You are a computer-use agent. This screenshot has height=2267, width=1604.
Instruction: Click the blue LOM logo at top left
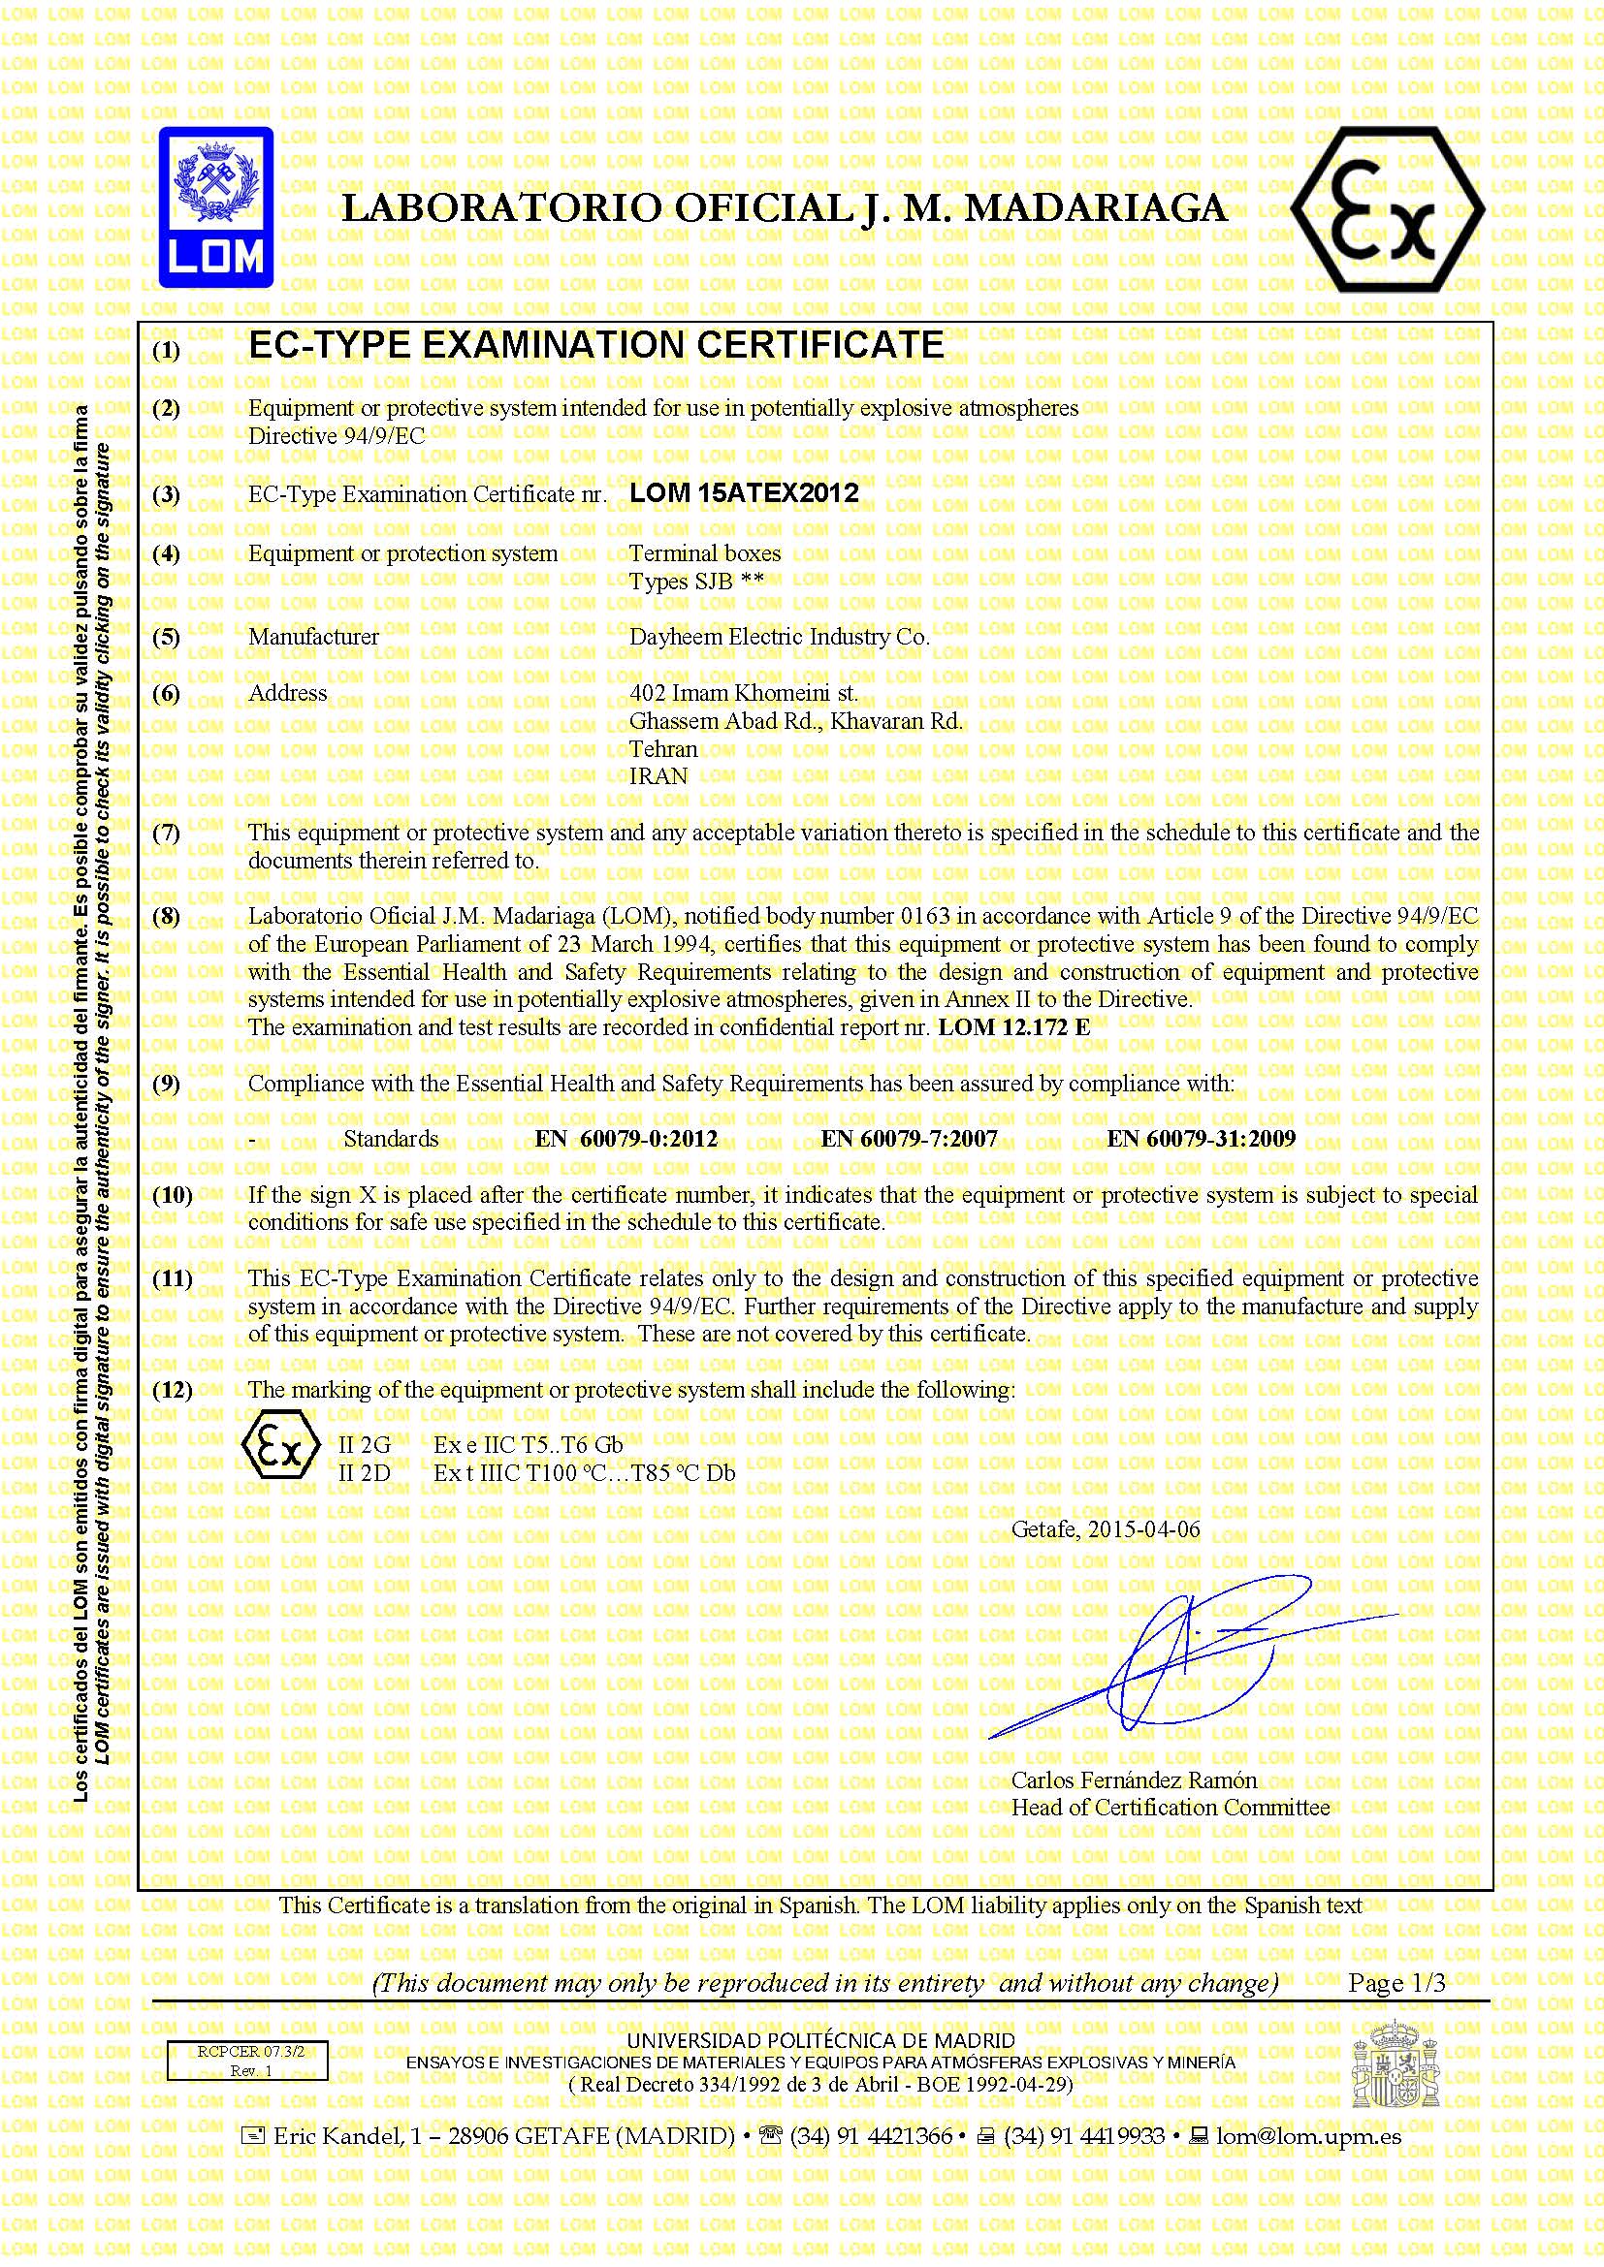pyautogui.click(x=216, y=206)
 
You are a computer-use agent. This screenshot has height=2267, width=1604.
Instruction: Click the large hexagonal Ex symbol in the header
pyautogui.click(x=1387, y=209)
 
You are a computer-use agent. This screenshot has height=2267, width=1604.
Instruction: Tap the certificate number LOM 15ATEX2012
pyautogui.click(x=744, y=492)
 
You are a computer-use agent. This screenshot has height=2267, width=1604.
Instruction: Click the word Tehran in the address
pyautogui.click(x=662, y=748)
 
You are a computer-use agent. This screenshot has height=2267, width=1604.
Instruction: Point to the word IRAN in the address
pyautogui.click(x=658, y=776)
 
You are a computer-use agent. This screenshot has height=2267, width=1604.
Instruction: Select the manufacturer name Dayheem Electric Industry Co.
pyautogui.click(x=780, y=637)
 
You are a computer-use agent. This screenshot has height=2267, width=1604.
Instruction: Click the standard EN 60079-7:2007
pyautogui.click(x=909, y=1139)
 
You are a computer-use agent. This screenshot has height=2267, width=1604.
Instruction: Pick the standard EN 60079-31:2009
pyautogui.click(x=1200, y=1139)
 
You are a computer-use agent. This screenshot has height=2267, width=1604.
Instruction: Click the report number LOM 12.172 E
pyautogui.click(x=1013, y=1026)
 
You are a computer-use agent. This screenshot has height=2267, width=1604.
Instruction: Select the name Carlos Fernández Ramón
pyautogui.click(x=1134, y=1780)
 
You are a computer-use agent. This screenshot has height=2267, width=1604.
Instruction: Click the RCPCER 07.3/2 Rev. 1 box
pyautogui.click(x=247, y=2061)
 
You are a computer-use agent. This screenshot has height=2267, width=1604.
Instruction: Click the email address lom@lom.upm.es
pyautogui.click(x=1307, y=2136)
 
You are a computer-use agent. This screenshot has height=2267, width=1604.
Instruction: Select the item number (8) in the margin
pyautogui.click(x=166, y=916)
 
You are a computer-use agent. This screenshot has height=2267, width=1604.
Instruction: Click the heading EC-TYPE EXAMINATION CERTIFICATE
pyautogui.click(x=595, y=345)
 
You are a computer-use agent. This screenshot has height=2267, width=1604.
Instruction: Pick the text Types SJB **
pyautogui.click(x=696, y=581)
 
